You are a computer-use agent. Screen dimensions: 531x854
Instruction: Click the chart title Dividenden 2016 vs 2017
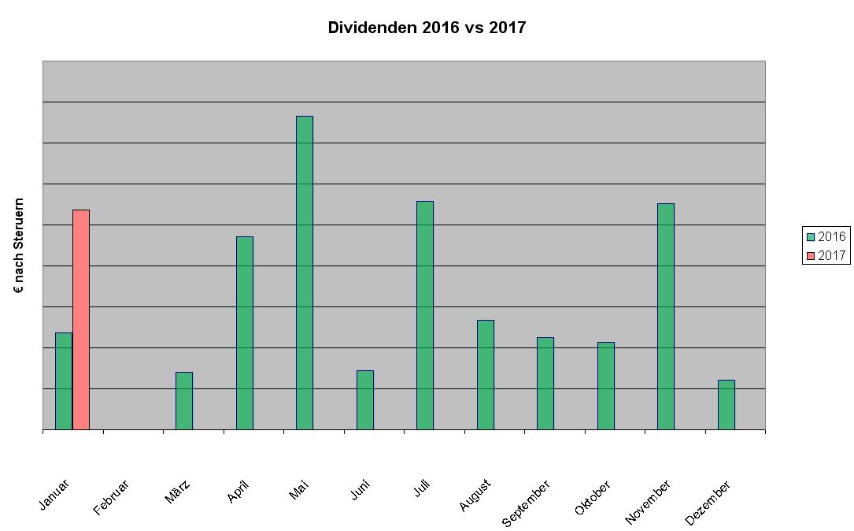[x=427, y=28]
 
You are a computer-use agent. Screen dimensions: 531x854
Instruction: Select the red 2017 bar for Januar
[x=81, y=319]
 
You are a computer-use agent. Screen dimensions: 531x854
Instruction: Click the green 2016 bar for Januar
[x=64, y=381]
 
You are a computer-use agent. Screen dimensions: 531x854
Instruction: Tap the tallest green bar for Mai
[x=305, y=272]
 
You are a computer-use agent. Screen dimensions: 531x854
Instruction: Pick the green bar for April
[x=245, y=332]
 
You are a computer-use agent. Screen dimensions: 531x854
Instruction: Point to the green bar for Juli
[x=425, y=315]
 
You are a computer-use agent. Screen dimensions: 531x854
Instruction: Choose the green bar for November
[x=666, y=316]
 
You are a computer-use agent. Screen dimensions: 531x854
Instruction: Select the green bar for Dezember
[x=726, y=404]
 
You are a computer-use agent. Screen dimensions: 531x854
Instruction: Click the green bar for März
[x=184, y=400]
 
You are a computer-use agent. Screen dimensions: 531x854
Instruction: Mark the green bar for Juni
[x=365, y=399]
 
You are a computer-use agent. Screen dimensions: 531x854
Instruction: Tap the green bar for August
[x=486, y=374]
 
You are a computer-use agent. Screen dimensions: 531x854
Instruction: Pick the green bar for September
[x=545, y=383]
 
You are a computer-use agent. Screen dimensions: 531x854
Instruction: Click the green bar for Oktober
[x=606, y=385]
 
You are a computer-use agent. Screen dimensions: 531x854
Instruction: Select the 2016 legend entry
[x=826, y=236]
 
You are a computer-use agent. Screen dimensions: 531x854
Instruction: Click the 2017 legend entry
[x=826, y=255]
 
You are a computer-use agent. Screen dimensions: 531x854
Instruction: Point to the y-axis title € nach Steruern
[x=20, y=246]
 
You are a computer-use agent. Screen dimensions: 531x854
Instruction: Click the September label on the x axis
[x=527, y=502]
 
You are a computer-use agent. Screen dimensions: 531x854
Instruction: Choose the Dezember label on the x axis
[x=708, y=502]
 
